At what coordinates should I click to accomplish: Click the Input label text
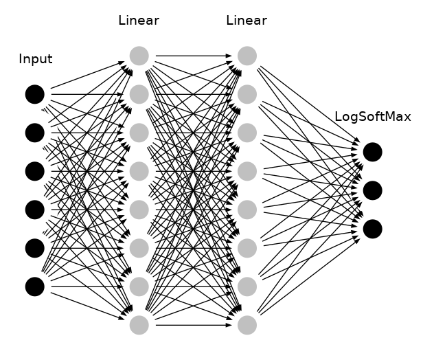coord(35,59)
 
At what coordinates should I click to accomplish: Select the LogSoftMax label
coord(372,117)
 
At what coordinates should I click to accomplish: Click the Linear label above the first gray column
coord(139,21)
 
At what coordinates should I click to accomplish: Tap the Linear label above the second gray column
coord(247,21)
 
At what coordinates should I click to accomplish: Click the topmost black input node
coord(35,94)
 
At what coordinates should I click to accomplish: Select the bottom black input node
coord(35,286)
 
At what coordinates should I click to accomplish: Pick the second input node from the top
coord(35,133)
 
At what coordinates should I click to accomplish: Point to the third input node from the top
coord(35,171)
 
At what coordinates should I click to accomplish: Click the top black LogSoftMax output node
coord(372,152)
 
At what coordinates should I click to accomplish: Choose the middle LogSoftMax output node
coord(372,190)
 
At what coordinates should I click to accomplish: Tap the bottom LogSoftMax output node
coord(372,229)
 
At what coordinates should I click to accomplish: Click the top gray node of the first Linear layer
coord(139,56)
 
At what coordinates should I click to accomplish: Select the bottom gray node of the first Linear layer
coord(139,324)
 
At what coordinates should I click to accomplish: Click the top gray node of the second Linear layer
coord(247,56)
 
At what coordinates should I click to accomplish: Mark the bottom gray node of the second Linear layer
coord(247,324)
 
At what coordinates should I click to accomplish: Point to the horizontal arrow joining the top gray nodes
coord(192,56)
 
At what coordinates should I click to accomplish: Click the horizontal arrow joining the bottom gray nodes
coord(192,324)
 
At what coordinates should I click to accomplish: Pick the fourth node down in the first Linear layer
coord(139,171)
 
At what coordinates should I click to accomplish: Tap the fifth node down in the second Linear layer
coord(247,210)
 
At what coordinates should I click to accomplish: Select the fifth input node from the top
coord(35,247)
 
